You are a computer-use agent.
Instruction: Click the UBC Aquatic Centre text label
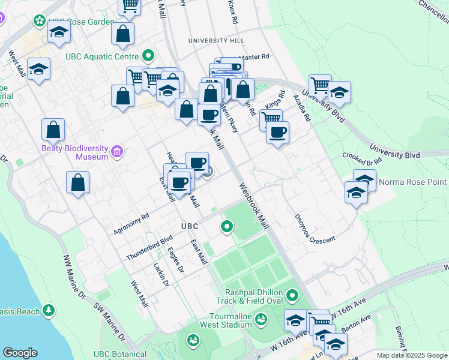coord(103,57)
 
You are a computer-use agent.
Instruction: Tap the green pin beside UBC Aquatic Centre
coord(147,57)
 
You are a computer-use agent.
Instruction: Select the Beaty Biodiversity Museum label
coord(74,152)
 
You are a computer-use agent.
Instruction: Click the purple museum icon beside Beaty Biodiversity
coord(116,152)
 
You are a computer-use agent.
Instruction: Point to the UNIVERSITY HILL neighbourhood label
coord(216,40)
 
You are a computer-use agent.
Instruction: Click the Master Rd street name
coord(255,57)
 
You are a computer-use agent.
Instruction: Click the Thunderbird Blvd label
coord(141,247)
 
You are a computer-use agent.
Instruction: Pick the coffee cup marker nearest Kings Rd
coord(277,133)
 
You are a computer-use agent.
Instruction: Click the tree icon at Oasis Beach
coord(49,311)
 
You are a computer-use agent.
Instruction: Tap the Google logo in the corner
coord(20,353)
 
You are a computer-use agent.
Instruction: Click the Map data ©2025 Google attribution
coord(412,355)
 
